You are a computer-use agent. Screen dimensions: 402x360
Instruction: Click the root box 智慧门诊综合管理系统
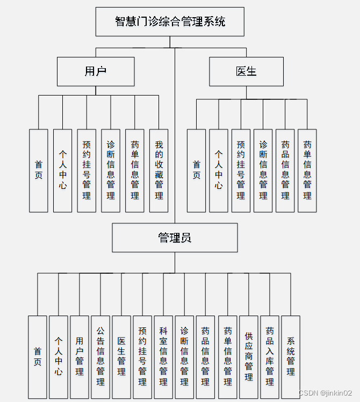pyautogui.click(x=170, y=21)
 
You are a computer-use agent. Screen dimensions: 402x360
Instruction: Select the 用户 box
pyautogui.click(x=96, y=71)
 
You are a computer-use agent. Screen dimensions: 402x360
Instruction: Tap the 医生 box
pyautogui.click(x=246, y=71)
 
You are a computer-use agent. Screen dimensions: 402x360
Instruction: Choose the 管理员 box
pyautogui.click(x=175, y=238)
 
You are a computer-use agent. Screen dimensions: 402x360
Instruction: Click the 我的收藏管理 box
pyautogui.click(x=159, y=171)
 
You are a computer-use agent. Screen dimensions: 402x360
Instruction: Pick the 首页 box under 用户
pyautogui.click(x=39, y=171)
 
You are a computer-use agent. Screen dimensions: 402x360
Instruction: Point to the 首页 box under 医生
pyautogui.click(x=197, y=171)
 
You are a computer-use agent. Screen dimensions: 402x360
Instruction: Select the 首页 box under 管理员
pyautogui.click(x=38, y=357)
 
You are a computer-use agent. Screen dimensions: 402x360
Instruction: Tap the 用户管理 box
pyautogui.click(x=80, y=357)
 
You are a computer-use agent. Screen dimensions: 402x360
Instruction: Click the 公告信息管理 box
pyautogui.click(x=100, y=357)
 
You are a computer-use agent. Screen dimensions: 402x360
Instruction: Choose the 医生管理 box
pyautogui.click(x=121, y=357)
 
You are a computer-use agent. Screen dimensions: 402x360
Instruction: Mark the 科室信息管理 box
pyautogui.click(x=163, y=357)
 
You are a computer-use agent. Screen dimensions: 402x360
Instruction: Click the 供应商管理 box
pyautogui.click(x=248, y=357)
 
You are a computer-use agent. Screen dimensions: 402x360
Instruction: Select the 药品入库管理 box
pyautogui.click(x=270, y=357)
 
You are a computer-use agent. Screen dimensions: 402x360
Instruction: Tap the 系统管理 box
pyautogui.click(x=291, y=357)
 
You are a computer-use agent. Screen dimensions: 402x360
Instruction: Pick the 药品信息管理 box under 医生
pyautogui.click(x=285, y=171)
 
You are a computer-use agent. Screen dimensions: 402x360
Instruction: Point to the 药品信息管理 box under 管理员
pyautogui.click(x=205, y=357)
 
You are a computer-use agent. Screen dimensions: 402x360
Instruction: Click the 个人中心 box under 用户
pyautogui.click(x=62, y=171)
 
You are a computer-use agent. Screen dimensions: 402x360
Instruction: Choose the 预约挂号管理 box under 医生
pyautogui.click(x=241, y=171)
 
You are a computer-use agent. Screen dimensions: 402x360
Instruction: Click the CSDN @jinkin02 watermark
pyautogui.click(x=325, y=393)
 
